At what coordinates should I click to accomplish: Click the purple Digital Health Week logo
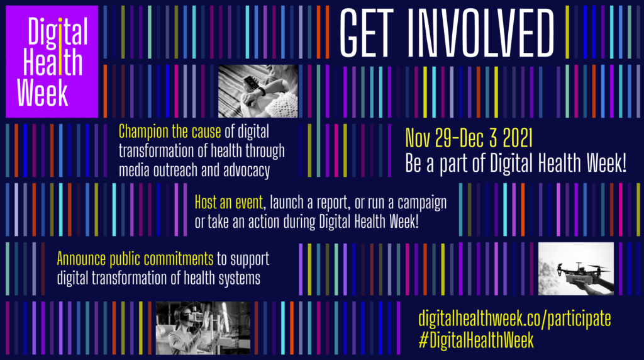click(52, 62)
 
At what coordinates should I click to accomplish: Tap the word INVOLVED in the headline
click(480, 33)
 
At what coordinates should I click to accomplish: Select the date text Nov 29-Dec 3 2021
click(469, 138)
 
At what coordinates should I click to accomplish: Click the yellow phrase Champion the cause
click(170, 132)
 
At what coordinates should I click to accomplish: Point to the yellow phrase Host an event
click(229, 202)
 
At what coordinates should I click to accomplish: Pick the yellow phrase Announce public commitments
click(135, 259)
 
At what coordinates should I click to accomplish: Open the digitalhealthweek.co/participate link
click(514, 319)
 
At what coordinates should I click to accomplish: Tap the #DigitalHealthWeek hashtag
click(476, 340)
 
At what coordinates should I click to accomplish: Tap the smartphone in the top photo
click(250, 83)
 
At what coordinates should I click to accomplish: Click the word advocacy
click(247, 171)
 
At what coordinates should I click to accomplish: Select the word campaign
click(422, 203)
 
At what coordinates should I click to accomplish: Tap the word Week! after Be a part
click(606, 163)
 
